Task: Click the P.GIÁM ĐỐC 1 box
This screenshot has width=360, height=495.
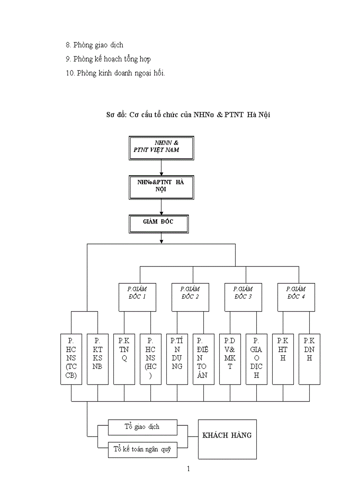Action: (x=137, y=297)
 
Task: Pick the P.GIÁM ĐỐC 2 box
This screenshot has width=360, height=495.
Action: (x=190, y=297)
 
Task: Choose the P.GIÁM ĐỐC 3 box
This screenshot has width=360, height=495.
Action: (x=243, y=297)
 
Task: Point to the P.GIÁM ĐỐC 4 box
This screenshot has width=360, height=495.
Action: (x=296, y=297)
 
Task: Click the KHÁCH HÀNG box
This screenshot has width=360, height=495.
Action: (x=227, y=439)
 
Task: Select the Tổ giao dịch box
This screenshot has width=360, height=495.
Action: (x=142, y=427)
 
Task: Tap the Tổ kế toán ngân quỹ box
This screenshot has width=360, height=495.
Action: (x=142, y=450)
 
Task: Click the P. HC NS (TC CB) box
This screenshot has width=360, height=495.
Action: (x=71, y=358)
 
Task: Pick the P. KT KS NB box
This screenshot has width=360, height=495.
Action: (x=97, y=358)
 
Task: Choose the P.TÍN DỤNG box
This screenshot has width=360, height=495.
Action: (x=177, y=358)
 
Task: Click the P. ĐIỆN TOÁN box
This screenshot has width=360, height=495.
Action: (x=203, y=358)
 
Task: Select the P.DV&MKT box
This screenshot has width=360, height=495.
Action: (x=230, y=358)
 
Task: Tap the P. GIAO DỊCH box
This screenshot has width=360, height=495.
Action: (x=256, y=358)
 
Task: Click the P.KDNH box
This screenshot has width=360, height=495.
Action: (x=309, y=358)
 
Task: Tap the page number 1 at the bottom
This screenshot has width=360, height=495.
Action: (x=188, y=469)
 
